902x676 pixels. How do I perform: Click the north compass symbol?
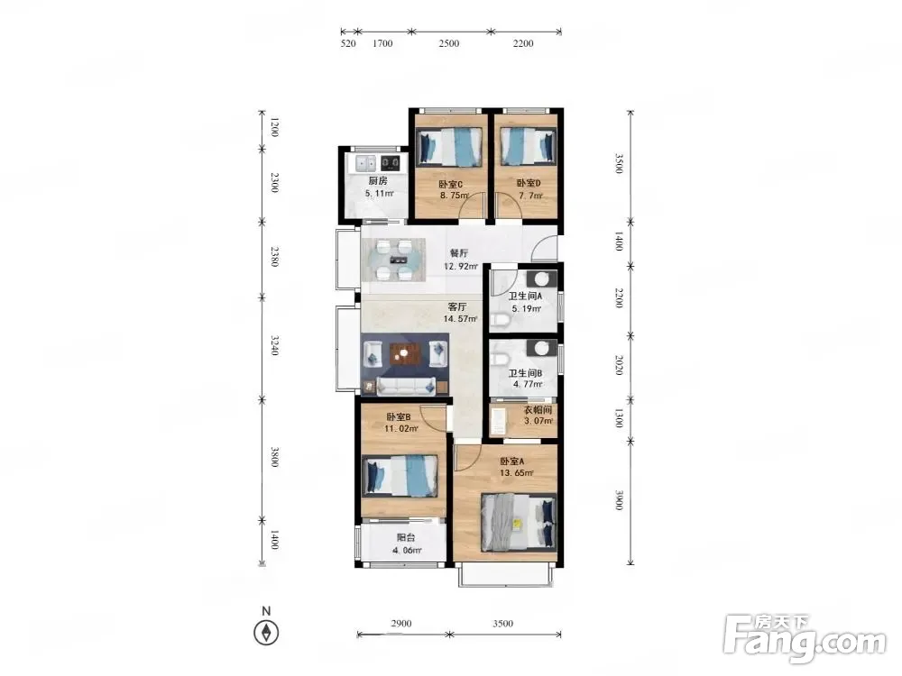266,633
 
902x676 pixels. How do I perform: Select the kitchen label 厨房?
378,180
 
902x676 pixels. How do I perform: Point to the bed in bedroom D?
528,146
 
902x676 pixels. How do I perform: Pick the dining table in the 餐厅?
394,260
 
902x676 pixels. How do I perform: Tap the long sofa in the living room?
406,387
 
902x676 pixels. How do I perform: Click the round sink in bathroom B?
540,348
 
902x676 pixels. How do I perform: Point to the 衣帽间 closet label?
538,410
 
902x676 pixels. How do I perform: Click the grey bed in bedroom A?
519,523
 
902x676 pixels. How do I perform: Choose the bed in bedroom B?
400,476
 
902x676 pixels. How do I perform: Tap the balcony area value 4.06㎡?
407,550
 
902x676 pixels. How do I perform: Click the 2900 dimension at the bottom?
401,623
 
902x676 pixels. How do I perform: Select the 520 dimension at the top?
348,43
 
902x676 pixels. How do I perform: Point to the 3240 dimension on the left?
275,345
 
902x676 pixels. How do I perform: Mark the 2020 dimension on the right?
619,365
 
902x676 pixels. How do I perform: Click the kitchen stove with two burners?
391,163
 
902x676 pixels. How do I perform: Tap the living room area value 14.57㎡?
460,318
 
